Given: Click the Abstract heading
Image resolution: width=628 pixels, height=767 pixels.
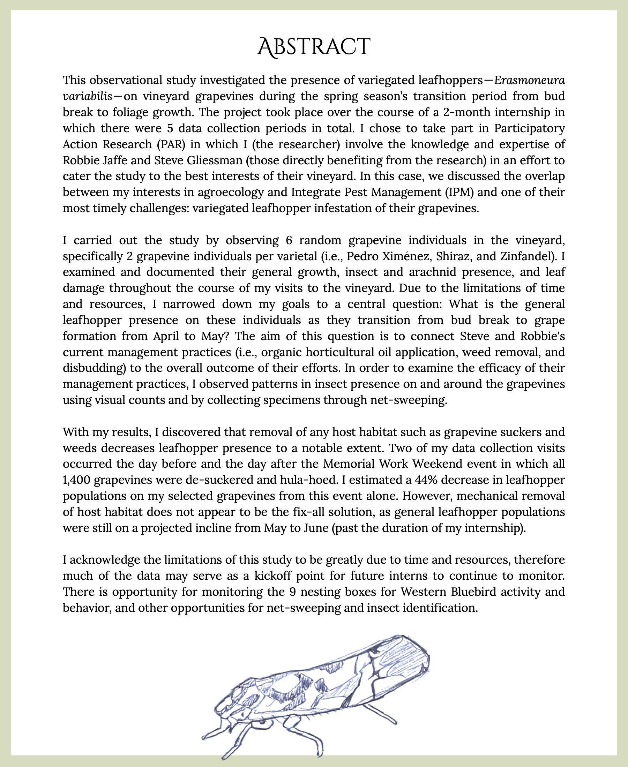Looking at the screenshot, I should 314,47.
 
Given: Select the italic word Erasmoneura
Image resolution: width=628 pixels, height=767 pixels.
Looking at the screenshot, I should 530,80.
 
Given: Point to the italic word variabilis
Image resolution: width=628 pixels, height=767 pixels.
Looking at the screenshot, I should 87,96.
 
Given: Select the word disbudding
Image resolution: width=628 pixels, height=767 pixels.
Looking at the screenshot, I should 93,368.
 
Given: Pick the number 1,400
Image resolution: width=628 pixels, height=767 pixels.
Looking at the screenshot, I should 76,480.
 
